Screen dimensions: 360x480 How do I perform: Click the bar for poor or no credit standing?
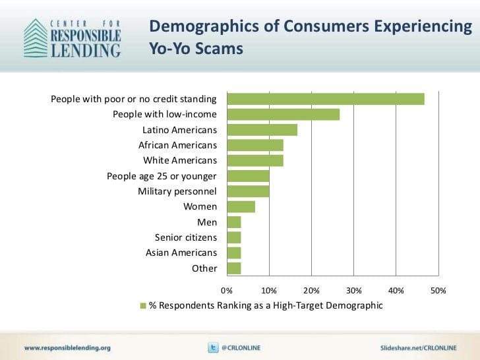(x=326, y=99)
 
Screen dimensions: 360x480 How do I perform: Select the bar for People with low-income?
(x=284, y=114)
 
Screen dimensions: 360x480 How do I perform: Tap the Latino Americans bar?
(x=262, y=130)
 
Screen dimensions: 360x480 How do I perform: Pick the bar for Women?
(x=241, y=207)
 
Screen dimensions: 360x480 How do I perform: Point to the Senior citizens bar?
(x=234, y=237)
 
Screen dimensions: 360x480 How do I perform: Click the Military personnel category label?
(x=177, y=191)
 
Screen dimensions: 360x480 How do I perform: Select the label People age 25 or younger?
(x=162, y=176)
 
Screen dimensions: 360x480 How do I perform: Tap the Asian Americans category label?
(x=181, y=253)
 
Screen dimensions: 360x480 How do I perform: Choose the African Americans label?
(x=177, y=145)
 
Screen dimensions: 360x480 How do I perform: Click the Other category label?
(x=204, y=268)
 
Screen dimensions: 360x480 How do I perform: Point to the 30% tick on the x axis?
(x=354, y=290)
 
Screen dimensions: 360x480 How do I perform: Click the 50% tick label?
(x=438, y=290)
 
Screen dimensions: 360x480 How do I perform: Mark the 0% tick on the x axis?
(x=227, y=290)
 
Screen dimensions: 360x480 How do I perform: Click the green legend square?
(x=142, y=306)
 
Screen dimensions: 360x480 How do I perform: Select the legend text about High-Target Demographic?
(x=266, y=306)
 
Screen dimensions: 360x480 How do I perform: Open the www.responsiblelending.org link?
(x=68, y=347)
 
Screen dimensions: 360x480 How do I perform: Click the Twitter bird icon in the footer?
(x=213, y=347)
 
